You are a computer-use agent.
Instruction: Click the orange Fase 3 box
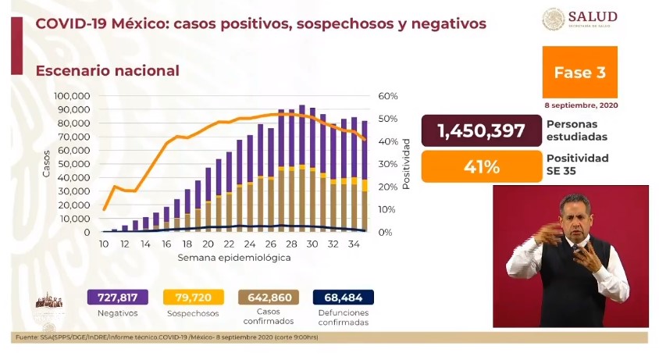point(579,73)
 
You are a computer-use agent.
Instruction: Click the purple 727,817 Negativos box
point(117,298)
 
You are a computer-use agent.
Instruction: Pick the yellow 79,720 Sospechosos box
point(193,298)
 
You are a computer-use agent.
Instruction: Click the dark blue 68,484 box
point(343,298)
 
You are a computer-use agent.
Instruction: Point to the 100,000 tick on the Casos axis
point(72,96)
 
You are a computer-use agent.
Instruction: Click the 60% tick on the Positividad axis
point(388,96)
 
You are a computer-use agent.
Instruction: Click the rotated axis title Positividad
point(406,165)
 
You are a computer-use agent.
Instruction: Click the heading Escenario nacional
point(108,71)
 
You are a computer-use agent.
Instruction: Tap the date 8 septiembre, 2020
point(581,105)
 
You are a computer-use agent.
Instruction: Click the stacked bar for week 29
point(301,168)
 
